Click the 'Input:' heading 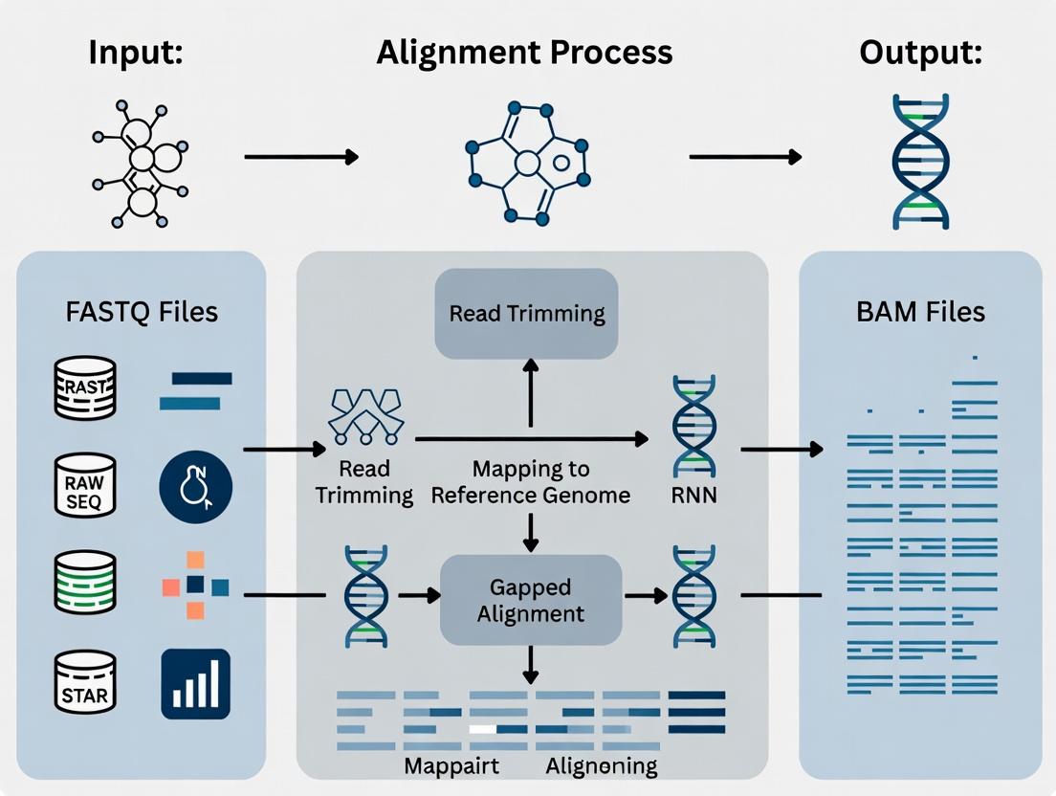pyautogui.click(x=136, y=52)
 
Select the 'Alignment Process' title pyautogui.click(x=524, y=52)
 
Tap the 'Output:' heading pyautogui.click(x=920, y=52)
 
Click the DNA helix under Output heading pyautogui.click(x=919, y=161)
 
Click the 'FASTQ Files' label pyautogui.click(x=143, y=311)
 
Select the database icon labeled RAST pyautogui.click(x=85, y=387)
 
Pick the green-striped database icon pyautogui.click(x=85, y=585)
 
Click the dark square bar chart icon pyautogui.click(x=195, y=683)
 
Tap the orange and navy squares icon pyautogui.click(x=195, y=584)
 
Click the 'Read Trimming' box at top pyautogui.click(x=527, y=314)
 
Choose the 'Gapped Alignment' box pyautogui.click(x=531, y=599)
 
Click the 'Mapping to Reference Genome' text pyautogui.click(x=531, y=482)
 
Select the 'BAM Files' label pyautogui.click(x=922, y=311)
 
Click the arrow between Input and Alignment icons pyautogui.click(x=301, y=156)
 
